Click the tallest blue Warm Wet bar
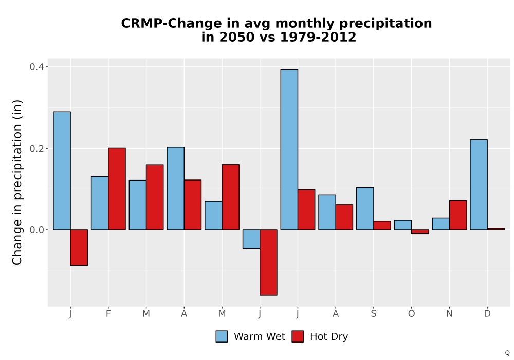click(289, 150)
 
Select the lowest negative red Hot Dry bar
click(268, 262)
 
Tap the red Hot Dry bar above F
click(117, 189)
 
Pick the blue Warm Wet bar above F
click(100, 203)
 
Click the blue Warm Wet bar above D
click(479, 185)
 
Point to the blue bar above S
click(365, 208)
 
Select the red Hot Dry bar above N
click(458, 215)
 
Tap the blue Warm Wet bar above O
click(403, 225)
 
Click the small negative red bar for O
click(420, 231)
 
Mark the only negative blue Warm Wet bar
click(251, 239)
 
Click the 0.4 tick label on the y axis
click(36, 67)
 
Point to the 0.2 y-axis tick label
click(36, 149)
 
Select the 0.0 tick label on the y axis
click(36, 230)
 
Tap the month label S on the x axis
click(373, 314)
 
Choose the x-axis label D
click(487, 314)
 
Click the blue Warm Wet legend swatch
click(222, 336)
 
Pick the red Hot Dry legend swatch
click(298, 336)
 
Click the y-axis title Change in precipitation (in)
click(17, 182)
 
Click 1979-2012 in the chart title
click(318, 37)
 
